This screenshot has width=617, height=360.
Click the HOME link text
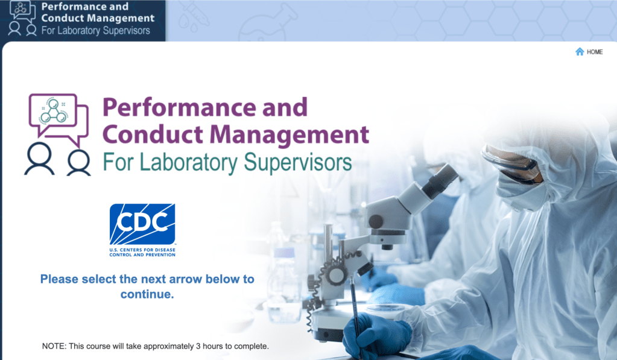pyautogui.click(x=595, y=52)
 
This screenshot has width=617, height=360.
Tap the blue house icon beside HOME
pyautogui.click(x=580, y=51)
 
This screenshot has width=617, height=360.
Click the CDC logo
pyautogui.click(x=142, y=230)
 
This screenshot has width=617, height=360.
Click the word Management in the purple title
pyautogui.click(x=290, y=134)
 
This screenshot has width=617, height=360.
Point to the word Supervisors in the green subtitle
pyautogui.click(x=298, y=163)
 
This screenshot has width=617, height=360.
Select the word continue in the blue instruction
pyautogui.click(x=147, y=294)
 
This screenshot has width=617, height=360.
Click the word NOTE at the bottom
pyautogui.click(x=54, y=346)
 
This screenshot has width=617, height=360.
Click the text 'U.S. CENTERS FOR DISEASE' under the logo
pyautogui.click(x=142, y=250)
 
